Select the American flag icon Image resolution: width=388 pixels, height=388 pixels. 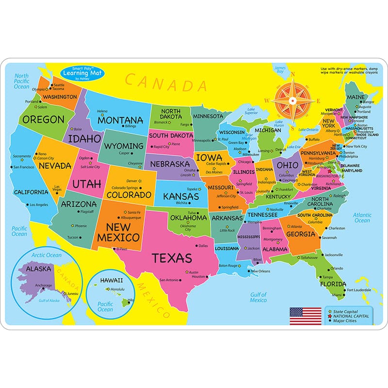(x=306, y=316)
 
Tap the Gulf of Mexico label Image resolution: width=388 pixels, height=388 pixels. (x=259, y=297)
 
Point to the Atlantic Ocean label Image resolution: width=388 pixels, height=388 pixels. (x=362, y=217)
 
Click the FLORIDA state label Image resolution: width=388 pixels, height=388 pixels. (x=333, y=284)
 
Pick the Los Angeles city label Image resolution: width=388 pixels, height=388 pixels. (x=39, y=205)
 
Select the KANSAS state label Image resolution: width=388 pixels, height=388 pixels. (x=181, y=196)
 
